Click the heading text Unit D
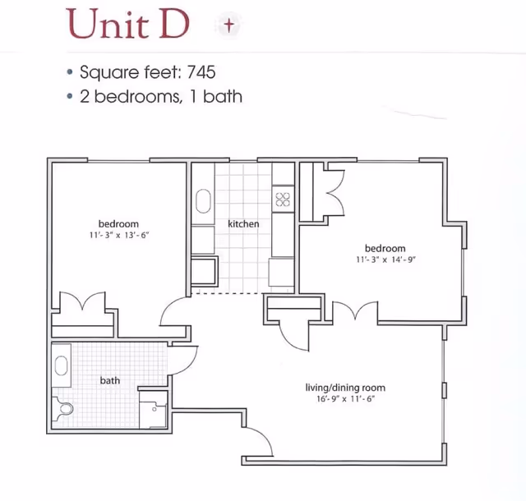128,24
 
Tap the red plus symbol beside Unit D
229,25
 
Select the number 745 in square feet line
201,71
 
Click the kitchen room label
243,223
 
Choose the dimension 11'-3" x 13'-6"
118,235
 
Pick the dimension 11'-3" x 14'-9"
385,260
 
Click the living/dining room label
345,388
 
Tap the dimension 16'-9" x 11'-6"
345,398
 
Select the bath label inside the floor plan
110,380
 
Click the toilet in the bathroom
63,408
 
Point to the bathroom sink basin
61,365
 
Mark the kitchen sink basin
203,201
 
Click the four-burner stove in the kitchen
283,200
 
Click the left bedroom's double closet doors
82,301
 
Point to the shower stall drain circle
155,410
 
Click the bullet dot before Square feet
70,71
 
